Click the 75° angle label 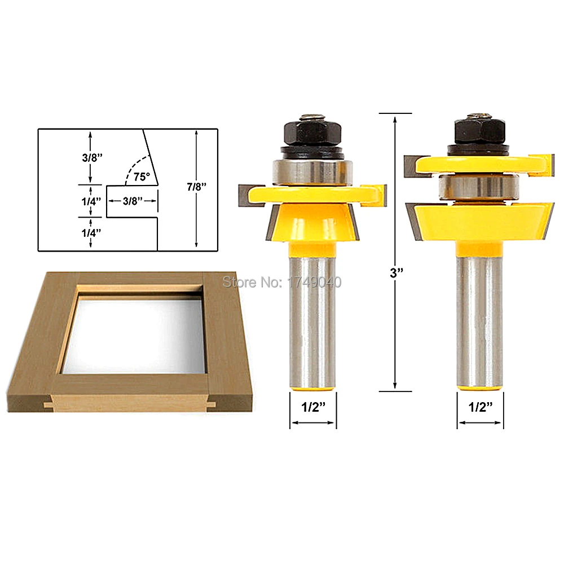click(142, 177)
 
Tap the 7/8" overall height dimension click(196, 187)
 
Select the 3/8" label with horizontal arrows click(133, 201)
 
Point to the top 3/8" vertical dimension click(92, 157)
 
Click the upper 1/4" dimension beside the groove click(91, 201)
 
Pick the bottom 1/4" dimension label click(91, 233)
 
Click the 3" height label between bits click(396, 273)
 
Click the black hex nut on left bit click(312, 131)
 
